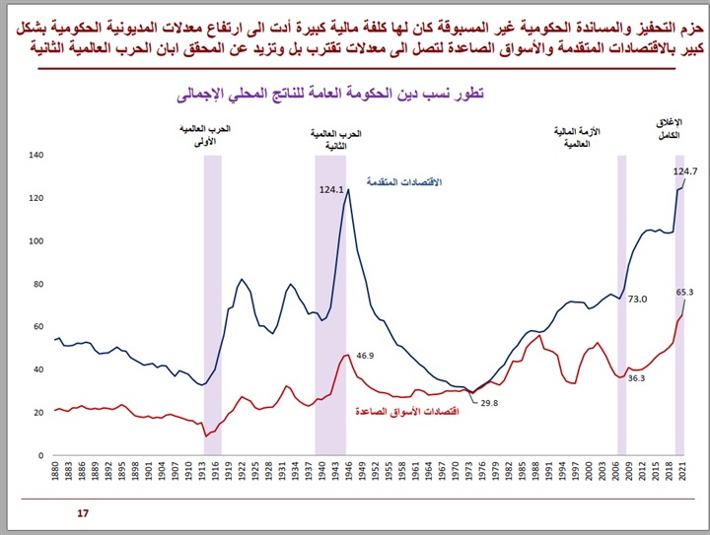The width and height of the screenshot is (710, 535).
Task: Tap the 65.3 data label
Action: pyautogui.click(x=684, y=292)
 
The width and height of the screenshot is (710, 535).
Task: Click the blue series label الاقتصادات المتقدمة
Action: pyautogui.click(x=404, y=183)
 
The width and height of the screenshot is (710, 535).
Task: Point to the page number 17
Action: pyautogui.click(x=82, y=513)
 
